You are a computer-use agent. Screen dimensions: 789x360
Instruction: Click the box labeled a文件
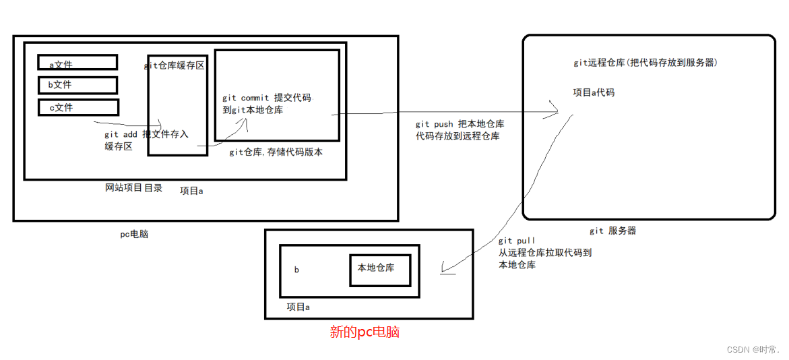[x=77, y=63]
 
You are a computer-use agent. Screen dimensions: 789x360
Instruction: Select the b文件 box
[x=77, y=85]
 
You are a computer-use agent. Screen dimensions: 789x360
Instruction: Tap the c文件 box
[x=78, y=107]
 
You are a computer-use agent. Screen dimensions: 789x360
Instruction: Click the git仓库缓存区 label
[x=175, y=65]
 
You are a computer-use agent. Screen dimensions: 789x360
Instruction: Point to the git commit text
[x=245, y=98]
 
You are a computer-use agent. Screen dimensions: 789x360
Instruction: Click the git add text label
[x=121, y=135]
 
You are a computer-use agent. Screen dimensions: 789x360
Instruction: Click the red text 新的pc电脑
[x=365, y=332]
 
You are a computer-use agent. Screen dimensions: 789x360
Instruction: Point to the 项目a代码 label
[x=594, y=92]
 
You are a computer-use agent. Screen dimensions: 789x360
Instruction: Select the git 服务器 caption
[x=612, y=231]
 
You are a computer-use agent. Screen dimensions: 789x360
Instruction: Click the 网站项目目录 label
[x=133, y=188]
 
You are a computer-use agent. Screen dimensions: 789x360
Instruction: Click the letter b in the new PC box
[x=296, y=270]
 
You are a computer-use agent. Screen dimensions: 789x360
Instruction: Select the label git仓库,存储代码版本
[x=276, y=152]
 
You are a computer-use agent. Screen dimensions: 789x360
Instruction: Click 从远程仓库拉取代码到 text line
[x=545, y=253]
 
